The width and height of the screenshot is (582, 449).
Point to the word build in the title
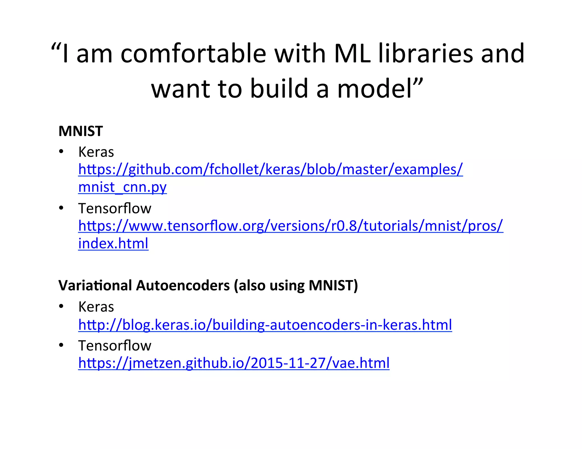pos(279,89)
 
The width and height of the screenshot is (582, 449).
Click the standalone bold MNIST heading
pos(80,131)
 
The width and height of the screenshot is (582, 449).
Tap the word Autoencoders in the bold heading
pos(183,285)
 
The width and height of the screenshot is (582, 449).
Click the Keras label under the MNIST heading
pos(96,152)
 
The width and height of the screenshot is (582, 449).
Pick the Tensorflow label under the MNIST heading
pos(115,208)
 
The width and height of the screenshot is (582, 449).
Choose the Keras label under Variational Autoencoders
pos(96,307)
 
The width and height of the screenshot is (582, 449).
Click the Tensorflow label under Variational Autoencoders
pos(115,346)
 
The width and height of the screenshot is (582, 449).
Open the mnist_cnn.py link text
pos(122,187)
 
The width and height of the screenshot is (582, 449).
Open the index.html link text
pos(113,244)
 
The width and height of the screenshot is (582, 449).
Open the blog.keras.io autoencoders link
pos(265,325)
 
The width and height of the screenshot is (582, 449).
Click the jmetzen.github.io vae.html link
pos(234,363)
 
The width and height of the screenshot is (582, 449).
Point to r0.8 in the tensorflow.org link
pos(344,226)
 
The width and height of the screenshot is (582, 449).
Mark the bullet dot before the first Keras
pos(61,152)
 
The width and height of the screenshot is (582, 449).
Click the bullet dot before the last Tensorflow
pos(61,345)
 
